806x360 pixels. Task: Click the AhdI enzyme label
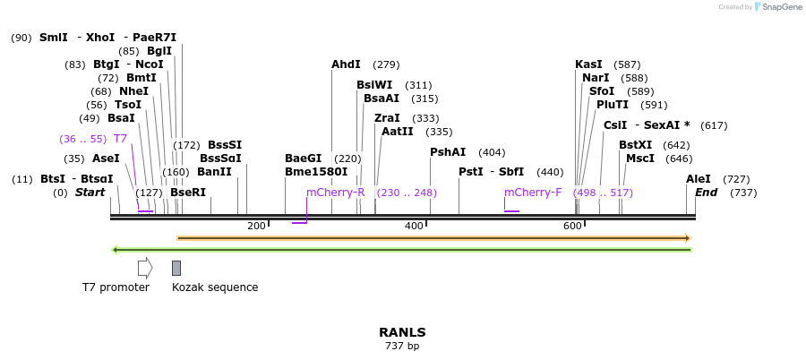click(x=346, y=64)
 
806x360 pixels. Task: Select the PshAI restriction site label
click(x=448, y=152)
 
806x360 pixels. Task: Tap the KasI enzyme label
click(x=588, y=64)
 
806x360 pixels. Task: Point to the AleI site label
click(x=698, y=179)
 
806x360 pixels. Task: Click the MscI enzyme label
click(x=640, y=159)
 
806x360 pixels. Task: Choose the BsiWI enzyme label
click(x=374, y=85)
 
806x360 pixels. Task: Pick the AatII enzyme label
click(x=397, y=132)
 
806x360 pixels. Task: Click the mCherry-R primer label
click(x=335, y=193)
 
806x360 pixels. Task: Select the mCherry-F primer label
click(x=533, y=193)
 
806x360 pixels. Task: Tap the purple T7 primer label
click(x=120, y=139)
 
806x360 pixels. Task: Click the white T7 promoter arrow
click(x=145, y=268)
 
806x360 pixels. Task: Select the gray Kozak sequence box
click(x=176, y=268)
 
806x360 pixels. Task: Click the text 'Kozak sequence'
click(x=215, y=287)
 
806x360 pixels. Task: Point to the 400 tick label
click(x=414, y=226)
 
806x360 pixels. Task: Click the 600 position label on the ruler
click(x=573, y=226)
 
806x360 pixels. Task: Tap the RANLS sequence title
click(x=402, y=332)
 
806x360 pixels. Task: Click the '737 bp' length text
click(x=402, y=346)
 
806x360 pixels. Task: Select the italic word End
click(x=706, y=193)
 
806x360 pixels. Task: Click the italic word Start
click(x=90, y=193)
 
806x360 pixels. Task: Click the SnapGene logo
click(x=777, y=7)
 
